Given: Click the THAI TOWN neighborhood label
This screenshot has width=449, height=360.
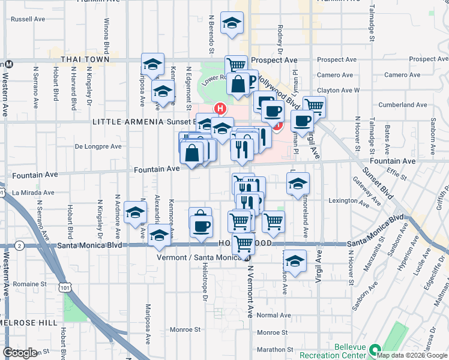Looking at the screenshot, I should click(x=85, y=59).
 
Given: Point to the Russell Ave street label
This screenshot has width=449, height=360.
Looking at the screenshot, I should click(x=29, y=19).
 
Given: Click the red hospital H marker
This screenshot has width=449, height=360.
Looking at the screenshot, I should click(x=220, y=109).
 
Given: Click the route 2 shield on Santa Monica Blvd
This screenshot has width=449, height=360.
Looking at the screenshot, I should click(x=20, y=245).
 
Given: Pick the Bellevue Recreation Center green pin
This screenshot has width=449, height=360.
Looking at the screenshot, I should click(x=375, y=349).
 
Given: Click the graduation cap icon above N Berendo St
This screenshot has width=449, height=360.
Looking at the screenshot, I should click(x=232, y=23).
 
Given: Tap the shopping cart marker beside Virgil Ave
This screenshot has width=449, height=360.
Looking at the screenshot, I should click(x=314, y=106).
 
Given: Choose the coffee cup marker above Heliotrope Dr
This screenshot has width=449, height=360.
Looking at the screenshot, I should click(x=202, y=225).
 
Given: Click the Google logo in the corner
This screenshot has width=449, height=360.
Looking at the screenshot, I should click(x=20, y=353).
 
